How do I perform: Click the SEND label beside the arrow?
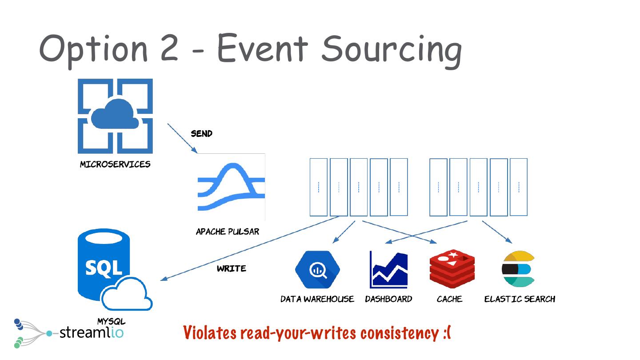201,133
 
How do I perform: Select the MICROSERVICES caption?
115,164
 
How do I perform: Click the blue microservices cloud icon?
115,116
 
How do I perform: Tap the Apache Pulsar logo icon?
231,187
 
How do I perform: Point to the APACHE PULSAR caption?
228,232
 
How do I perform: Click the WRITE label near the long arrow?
231,268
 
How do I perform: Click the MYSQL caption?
112,321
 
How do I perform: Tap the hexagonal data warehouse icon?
317,269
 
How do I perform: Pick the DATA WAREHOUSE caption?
317,299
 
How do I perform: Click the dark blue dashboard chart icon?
388,269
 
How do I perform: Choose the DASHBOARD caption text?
388,299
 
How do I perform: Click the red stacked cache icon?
452,269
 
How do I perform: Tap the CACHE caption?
449,299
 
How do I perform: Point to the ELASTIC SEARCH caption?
520,299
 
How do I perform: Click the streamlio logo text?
91,332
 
